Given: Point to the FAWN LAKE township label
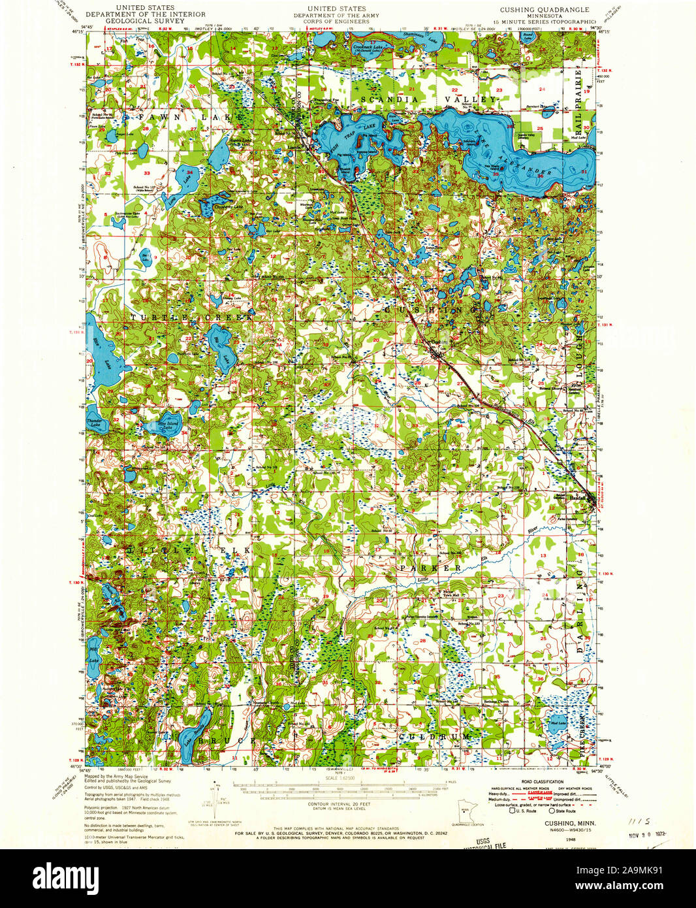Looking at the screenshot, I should pyautogui.click(x=189, y=116).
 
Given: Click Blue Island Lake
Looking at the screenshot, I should pyautogui.click(x=168, y=425).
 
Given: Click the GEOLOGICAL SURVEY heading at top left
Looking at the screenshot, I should pyautogui.click(x=150, y=21).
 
